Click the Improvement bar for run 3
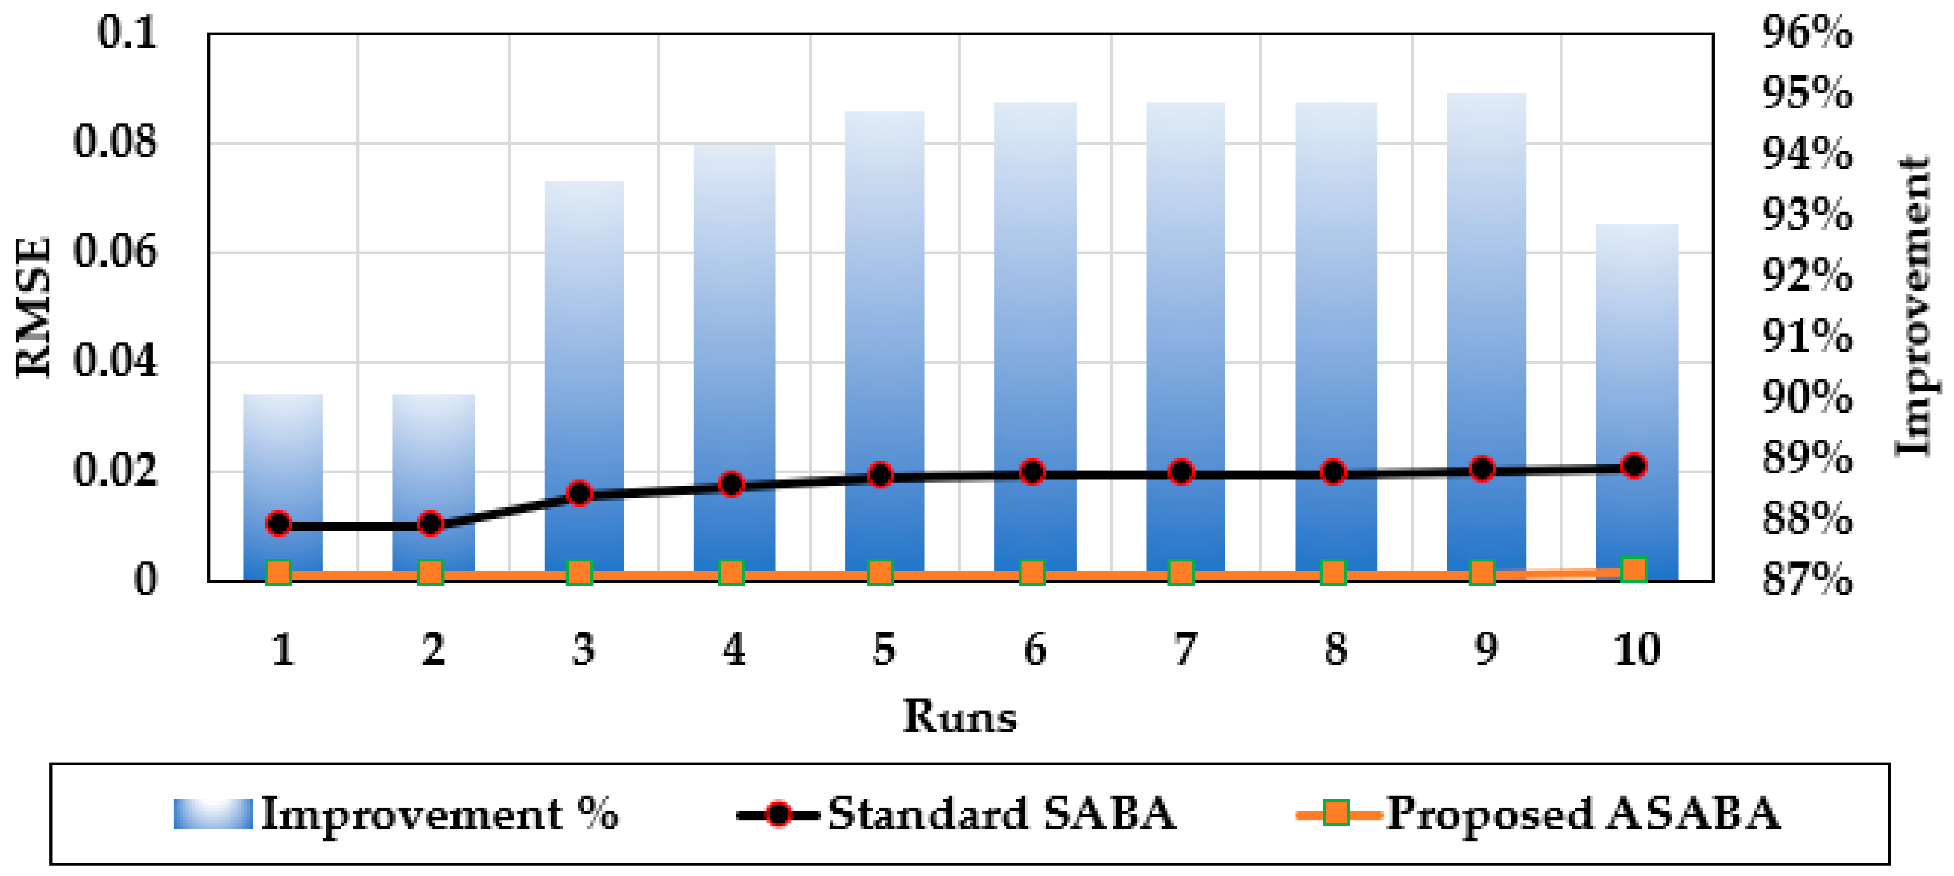[584, 341]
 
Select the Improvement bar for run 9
[1486, 304]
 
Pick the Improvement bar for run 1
[283, 455]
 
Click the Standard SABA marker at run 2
[431, 523]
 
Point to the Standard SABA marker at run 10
[1634, 465]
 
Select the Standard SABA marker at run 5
[880, 475]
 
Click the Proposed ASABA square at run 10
[1634, 569]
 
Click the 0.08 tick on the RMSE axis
[115, 142]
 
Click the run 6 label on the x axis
[1035, 650]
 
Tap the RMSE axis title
[34, 307]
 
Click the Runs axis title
[960, 716]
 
